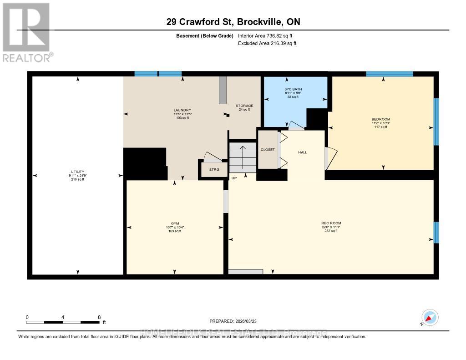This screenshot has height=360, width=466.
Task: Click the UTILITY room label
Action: point(77,172)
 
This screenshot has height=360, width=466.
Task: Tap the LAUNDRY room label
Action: point(182,110)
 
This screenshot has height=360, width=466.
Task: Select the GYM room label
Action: point(174,223)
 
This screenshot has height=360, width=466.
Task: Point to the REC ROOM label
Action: point(330,223)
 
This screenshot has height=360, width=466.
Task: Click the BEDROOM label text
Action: point(381,119)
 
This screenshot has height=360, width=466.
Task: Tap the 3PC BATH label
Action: point(293,89)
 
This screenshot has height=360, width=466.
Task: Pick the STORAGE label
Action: point(244,106)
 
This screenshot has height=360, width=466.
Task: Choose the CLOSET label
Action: point(268,149)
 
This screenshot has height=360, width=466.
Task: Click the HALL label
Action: point(303,152)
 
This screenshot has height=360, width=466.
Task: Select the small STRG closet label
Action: point(214,170)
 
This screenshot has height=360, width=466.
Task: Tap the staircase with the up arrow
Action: point(243,157)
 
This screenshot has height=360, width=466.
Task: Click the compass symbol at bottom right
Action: point(430,318)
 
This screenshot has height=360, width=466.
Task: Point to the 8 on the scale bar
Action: point(99,317)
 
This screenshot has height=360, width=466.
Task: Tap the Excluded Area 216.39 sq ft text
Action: point(267,44)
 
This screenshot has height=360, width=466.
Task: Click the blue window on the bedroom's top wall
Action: point(390,74)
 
